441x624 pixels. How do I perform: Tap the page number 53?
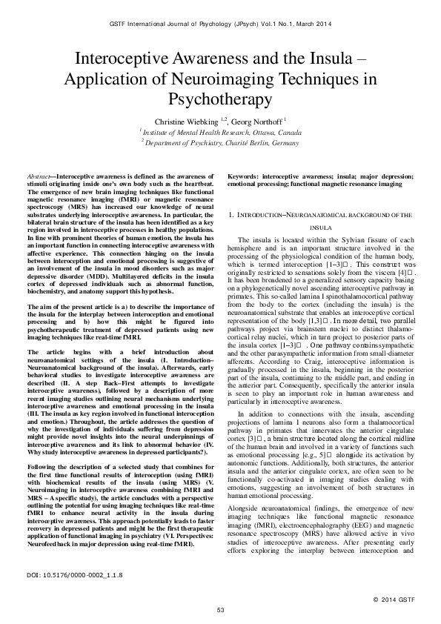pos(220,609)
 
